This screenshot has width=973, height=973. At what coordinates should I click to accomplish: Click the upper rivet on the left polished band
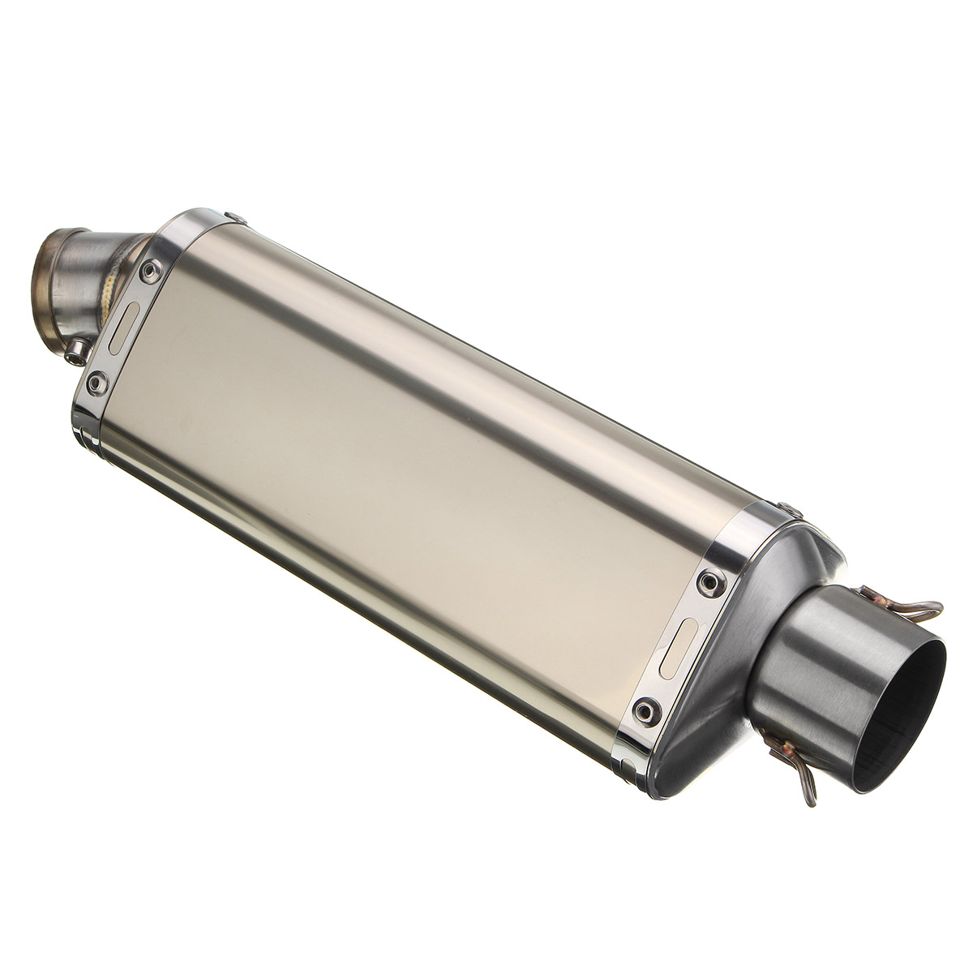click(x=151, y=272)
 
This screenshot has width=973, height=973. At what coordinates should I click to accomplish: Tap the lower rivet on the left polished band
click(x=98, y=380)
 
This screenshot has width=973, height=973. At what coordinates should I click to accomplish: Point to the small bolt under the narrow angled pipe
click(x=76, y=350)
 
